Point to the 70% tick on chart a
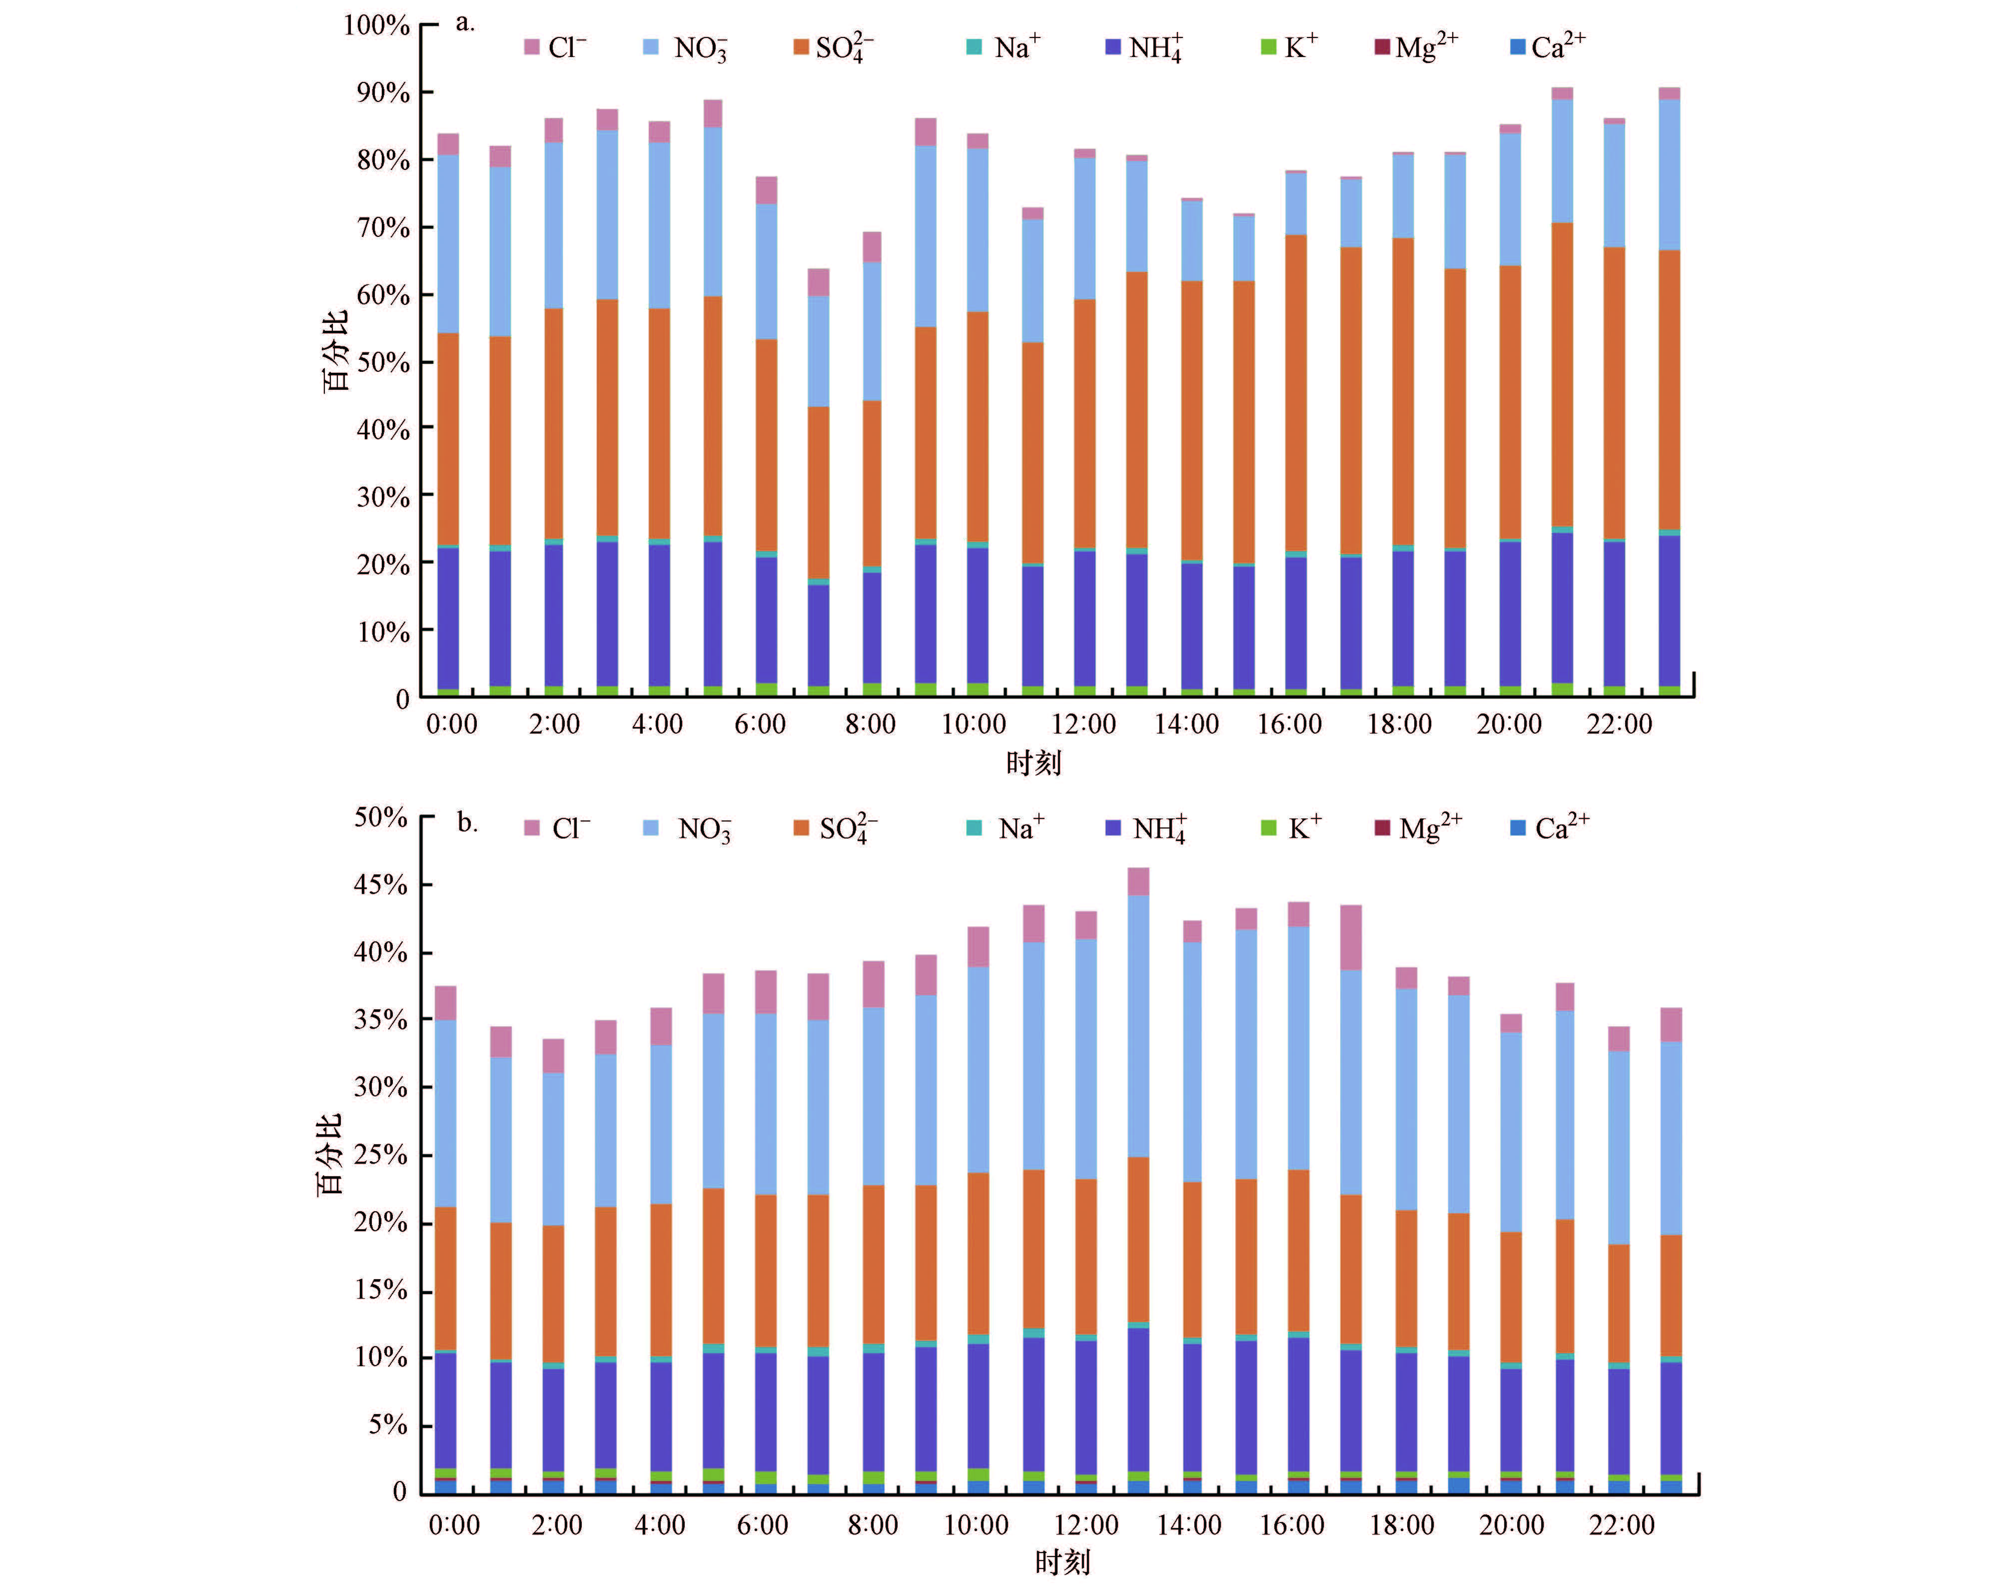click(383, 228)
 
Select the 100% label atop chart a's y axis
click(376, 25)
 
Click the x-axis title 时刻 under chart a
click(1033, 764)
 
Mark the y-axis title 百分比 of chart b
click(330, 1154)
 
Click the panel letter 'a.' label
click(464, 23)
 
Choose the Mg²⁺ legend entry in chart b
click(1420, 827)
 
